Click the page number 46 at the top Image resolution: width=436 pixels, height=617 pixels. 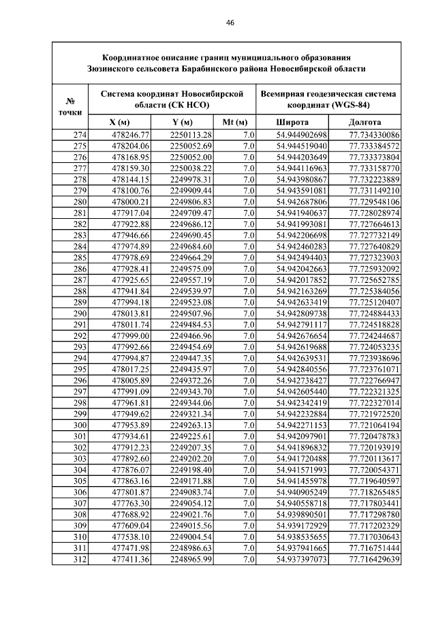click(230, 22)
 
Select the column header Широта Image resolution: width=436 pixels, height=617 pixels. click(292, 122)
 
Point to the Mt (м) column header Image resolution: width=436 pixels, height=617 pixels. click(234, 122)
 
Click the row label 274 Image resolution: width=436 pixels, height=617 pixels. click(79, 135)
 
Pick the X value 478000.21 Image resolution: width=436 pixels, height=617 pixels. click(129, 202)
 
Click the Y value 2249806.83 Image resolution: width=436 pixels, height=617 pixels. click(191, 202)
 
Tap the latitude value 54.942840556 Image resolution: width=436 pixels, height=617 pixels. click(302, 370)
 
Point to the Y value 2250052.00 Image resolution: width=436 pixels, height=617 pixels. click(191, 157)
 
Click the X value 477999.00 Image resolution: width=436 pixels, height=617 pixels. click(129, 336)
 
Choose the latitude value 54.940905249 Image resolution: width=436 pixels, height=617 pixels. click(302, 492)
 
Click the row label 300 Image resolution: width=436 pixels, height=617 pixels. click(79, 425)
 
